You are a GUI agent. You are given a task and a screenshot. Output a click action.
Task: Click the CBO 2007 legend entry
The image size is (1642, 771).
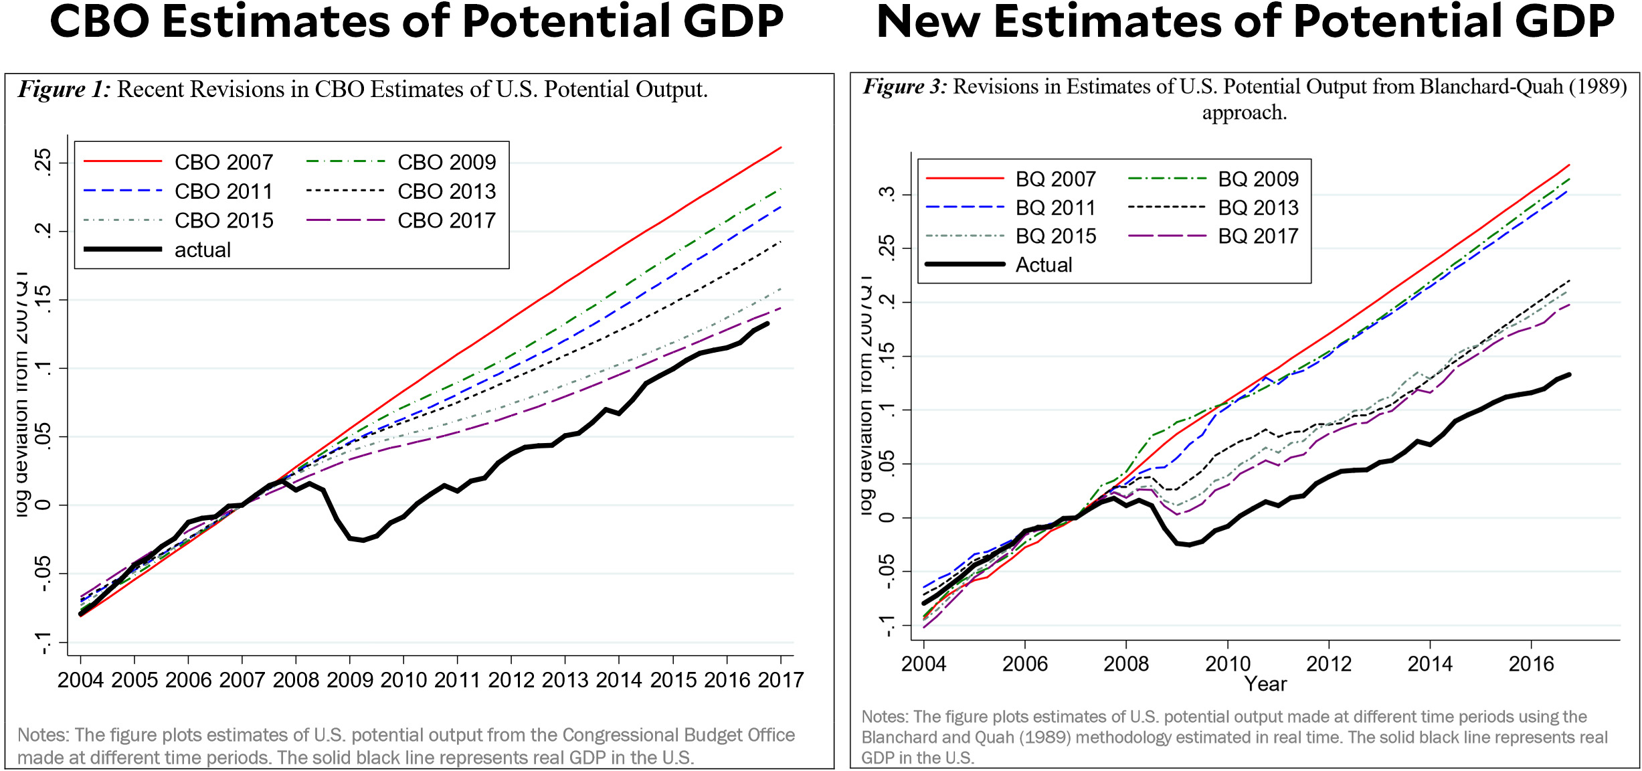[223, 163]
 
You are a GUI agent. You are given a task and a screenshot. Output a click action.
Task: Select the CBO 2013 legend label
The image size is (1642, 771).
[446, 192]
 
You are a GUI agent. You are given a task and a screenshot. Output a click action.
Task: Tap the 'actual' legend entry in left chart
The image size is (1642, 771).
[202, 250]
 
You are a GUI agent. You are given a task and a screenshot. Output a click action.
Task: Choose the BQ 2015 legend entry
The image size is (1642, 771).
[1055, 236]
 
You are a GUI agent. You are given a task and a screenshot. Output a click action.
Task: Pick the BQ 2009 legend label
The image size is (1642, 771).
[1257, 179]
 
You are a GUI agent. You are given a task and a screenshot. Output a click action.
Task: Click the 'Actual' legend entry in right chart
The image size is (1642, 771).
[1043, 265]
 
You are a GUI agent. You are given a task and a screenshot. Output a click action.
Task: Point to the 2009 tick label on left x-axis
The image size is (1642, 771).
[349, 680]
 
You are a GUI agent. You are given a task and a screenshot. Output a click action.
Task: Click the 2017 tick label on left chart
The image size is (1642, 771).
[780, 680]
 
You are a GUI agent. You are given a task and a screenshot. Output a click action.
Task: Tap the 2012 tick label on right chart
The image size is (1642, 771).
[1328, 664]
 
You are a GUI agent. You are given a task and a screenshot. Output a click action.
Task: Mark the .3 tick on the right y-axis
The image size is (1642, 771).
[887, 194]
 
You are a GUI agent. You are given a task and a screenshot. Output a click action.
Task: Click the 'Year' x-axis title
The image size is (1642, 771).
[1265, 684]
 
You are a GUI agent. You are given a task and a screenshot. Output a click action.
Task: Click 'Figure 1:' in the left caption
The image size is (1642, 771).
[64, 90]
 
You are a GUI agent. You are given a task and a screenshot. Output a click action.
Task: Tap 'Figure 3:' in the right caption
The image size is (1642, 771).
[905, 87]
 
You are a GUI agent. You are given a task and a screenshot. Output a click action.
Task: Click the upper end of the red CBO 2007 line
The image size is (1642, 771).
[780, 148]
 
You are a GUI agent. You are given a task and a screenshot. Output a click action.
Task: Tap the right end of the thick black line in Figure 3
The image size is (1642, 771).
[1568, 375]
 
